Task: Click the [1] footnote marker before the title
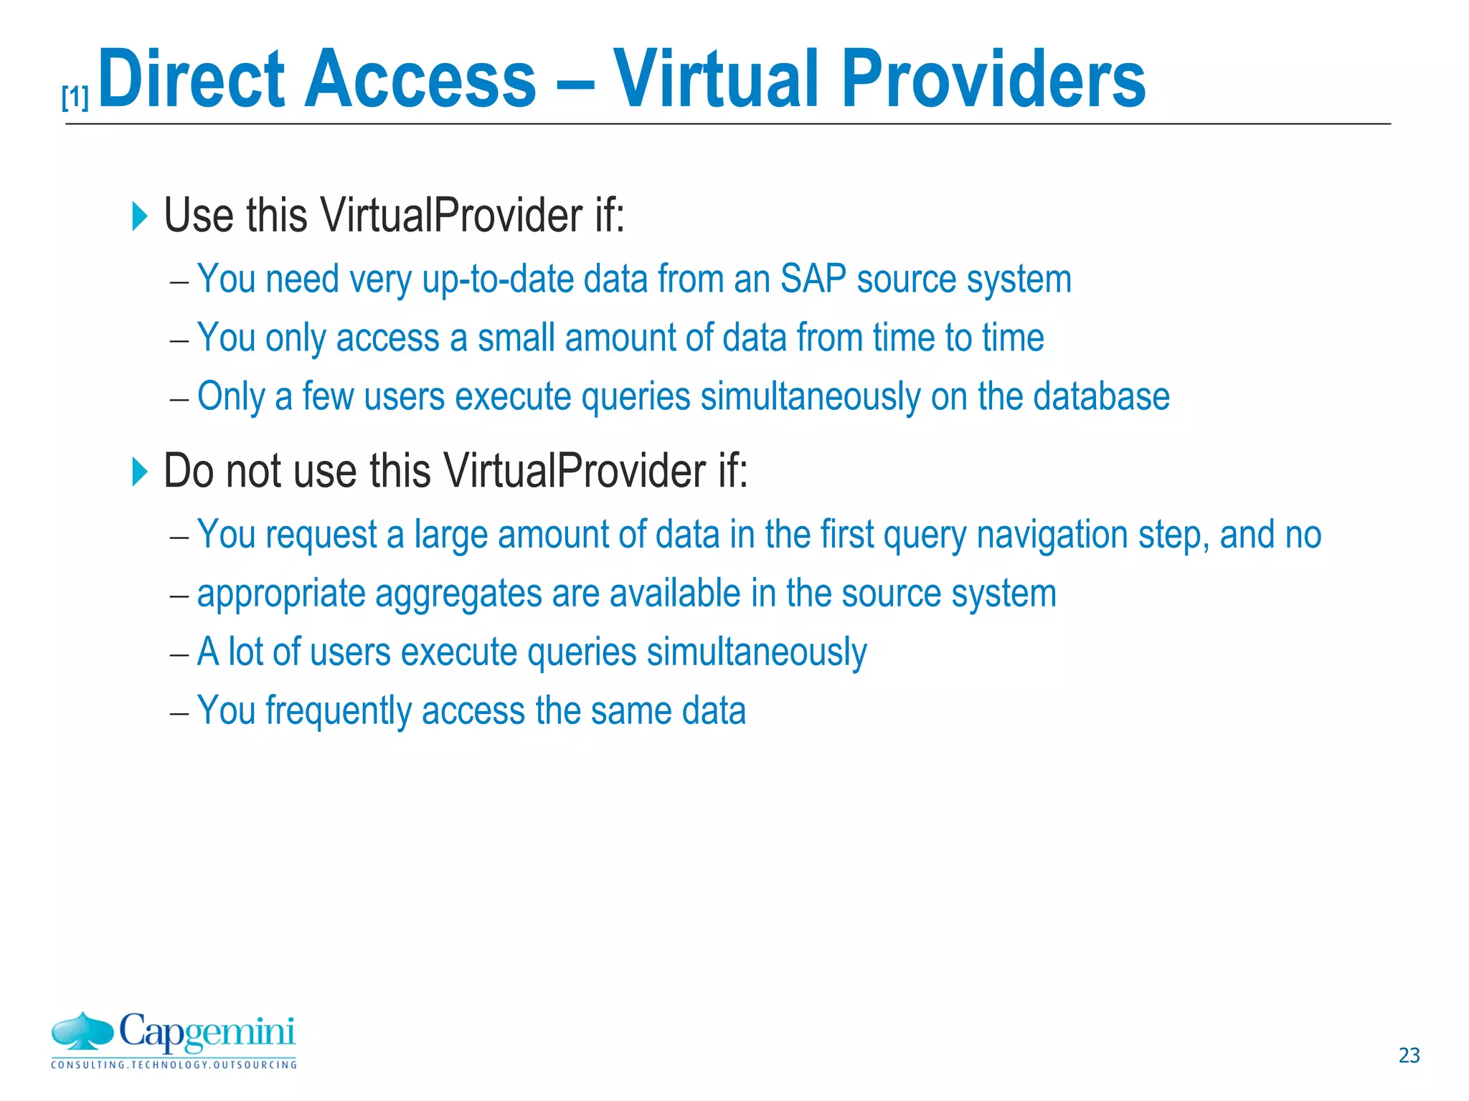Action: coord(75,97)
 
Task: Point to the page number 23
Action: coord(1409,1055)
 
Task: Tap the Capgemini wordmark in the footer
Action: coord(207,1033)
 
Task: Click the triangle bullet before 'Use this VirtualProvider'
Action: coord(140,216)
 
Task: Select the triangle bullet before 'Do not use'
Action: coord(140,472)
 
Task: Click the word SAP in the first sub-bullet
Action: coord(813,279)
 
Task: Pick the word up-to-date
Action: coord(499,280)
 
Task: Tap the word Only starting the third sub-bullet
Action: coord(231,397)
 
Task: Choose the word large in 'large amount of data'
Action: coord(450,535)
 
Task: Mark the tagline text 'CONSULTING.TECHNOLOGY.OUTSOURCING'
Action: coord(174,1065)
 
